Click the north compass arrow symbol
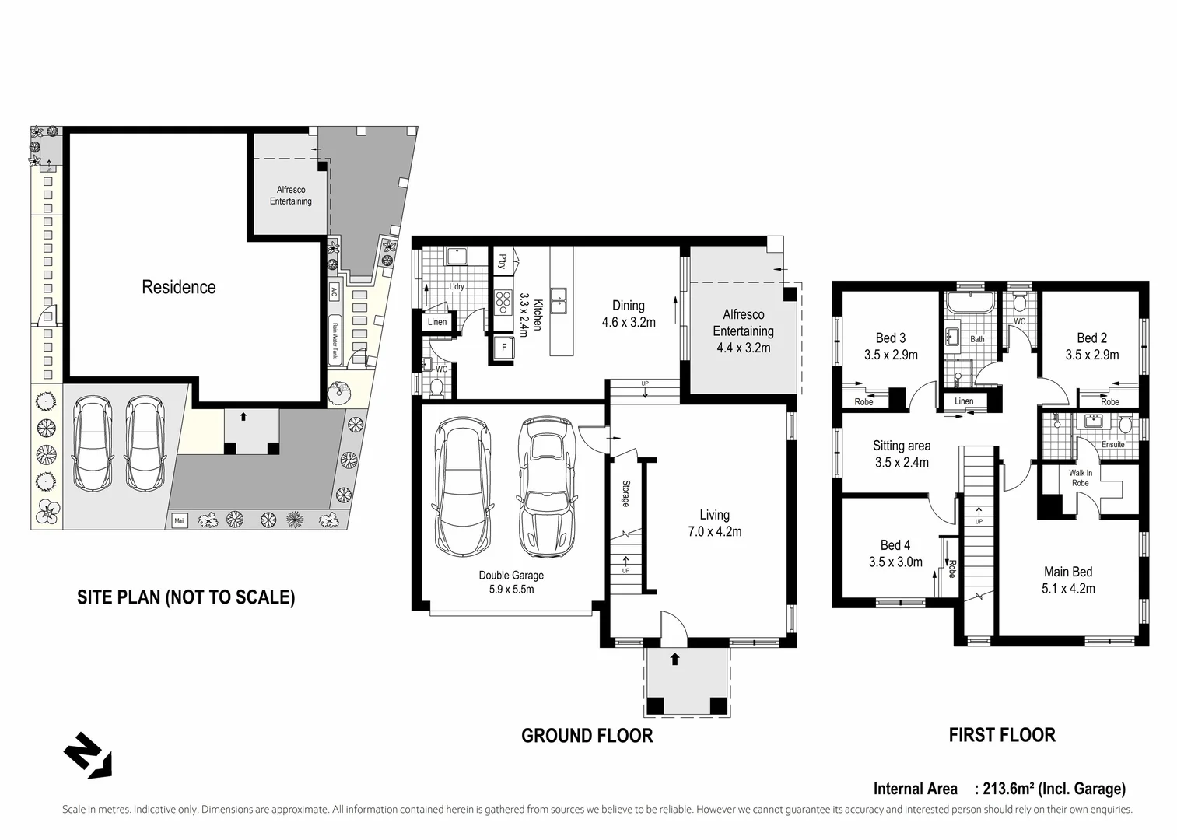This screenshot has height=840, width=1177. point(88,755)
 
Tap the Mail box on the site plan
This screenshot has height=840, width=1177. point(179,521)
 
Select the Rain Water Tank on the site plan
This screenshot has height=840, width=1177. point(335,340)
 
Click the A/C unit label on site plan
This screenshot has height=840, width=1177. point(333,292)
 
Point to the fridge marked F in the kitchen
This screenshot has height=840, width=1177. point(504,347)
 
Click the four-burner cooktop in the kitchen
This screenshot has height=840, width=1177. point(503,303)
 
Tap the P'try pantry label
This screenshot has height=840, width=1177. point(503,261)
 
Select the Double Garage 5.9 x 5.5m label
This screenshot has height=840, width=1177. point(511,582)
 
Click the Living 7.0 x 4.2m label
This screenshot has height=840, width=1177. point(715,523)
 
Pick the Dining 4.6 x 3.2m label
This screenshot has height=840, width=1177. point(629,313)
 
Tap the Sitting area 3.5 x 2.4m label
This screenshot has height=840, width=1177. point(902,454)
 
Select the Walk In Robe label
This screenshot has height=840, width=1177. point(1081,478)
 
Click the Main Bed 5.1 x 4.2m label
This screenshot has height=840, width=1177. point(1068,580)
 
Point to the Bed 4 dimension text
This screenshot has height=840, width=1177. point(895,562)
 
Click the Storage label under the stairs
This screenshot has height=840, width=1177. point(625,493)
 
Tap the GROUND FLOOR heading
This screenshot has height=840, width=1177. point(587,736)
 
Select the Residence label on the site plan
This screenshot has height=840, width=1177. point(179,287)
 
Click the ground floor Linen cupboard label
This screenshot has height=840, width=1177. point(437,322)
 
